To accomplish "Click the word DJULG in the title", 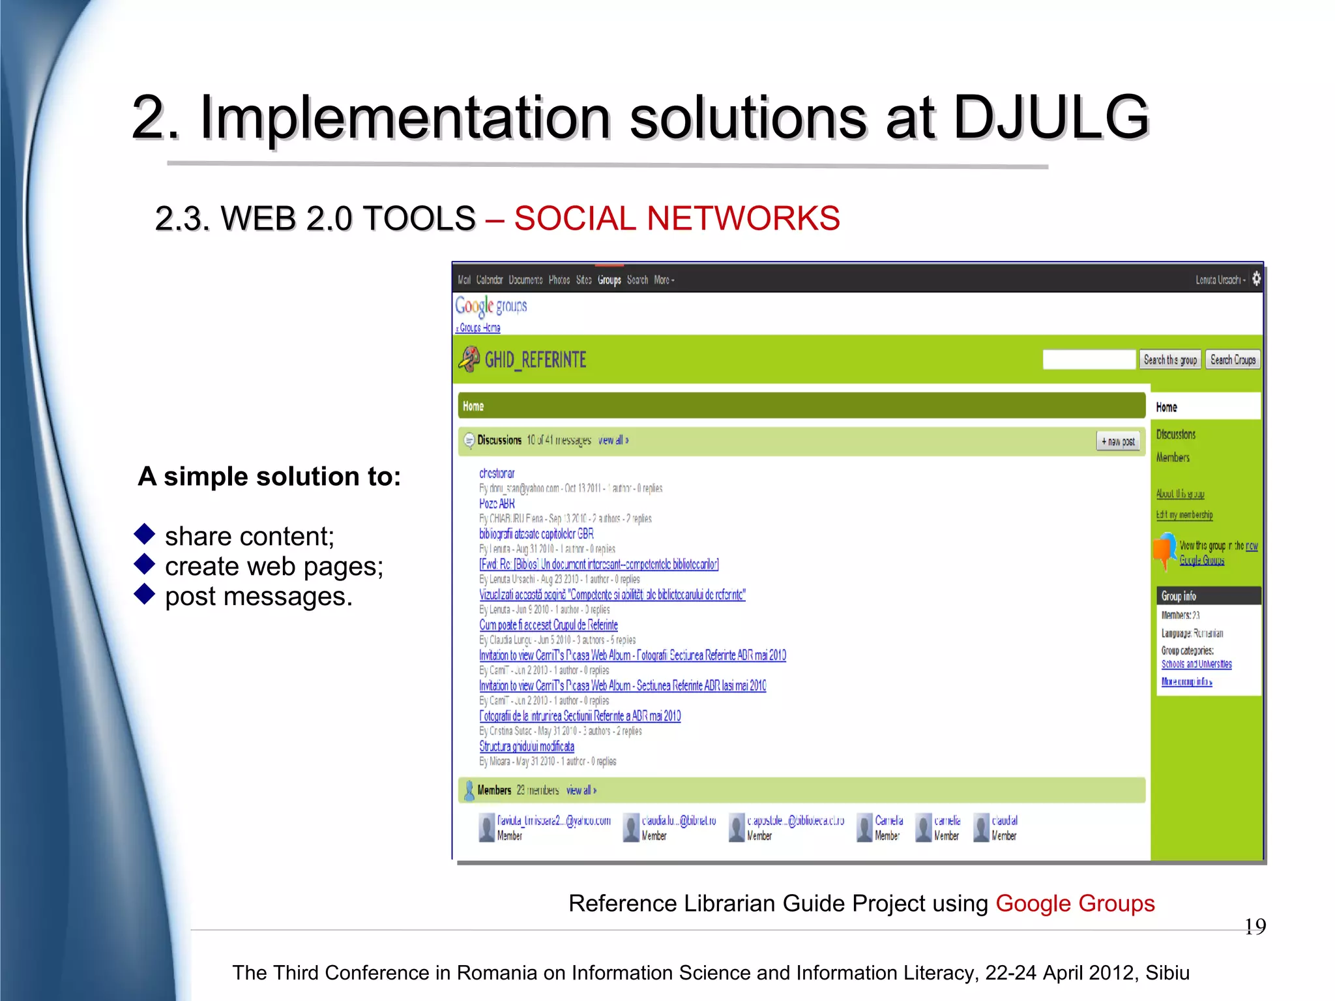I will [x=1051, y=117].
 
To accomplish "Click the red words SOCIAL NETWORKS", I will [x=677, y=218].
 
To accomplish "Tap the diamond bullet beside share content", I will [x=144, y=534].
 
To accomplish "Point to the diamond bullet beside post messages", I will [x=144, y=593].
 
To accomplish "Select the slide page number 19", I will [x=1255, y=927].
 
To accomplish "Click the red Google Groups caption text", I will [x=1075, y=903].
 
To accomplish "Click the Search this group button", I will [x=1170, y=360].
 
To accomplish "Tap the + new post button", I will [x=1118, y=441].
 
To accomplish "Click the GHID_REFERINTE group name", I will [x=535, y=360].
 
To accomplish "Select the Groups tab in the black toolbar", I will [x=609, y=280].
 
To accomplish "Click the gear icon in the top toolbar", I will [x=1256, y=278].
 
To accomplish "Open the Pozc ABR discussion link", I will [x=497, y=503].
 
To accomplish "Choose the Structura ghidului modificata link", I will [x=527, y=746].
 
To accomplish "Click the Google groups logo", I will [x=491, y=306].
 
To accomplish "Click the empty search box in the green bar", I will [x=1089, y=360].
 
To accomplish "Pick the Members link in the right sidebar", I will [x=1173, y=458].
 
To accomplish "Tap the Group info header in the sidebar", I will [x=1179, y=596].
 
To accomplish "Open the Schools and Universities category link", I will [x=1196, y=665].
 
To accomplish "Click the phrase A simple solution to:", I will [x=269, y=477].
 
